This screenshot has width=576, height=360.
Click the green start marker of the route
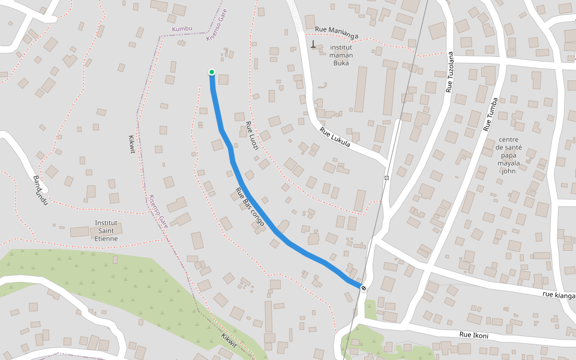[212, 73]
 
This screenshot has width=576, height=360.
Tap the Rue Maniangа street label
[336, 32]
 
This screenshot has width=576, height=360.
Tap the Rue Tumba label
[491, 114]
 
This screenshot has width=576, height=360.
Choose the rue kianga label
[559, 295]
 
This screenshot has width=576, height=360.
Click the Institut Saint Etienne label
[106, 230]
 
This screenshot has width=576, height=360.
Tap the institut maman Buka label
[341, 55]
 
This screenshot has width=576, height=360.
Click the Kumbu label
[182, 29]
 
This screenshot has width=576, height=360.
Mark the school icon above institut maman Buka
[313, 44]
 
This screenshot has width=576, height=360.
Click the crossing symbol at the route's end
[364, 288]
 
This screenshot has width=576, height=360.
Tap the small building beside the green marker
[223, 79]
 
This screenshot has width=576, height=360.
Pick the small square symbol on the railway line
[386, 178]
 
